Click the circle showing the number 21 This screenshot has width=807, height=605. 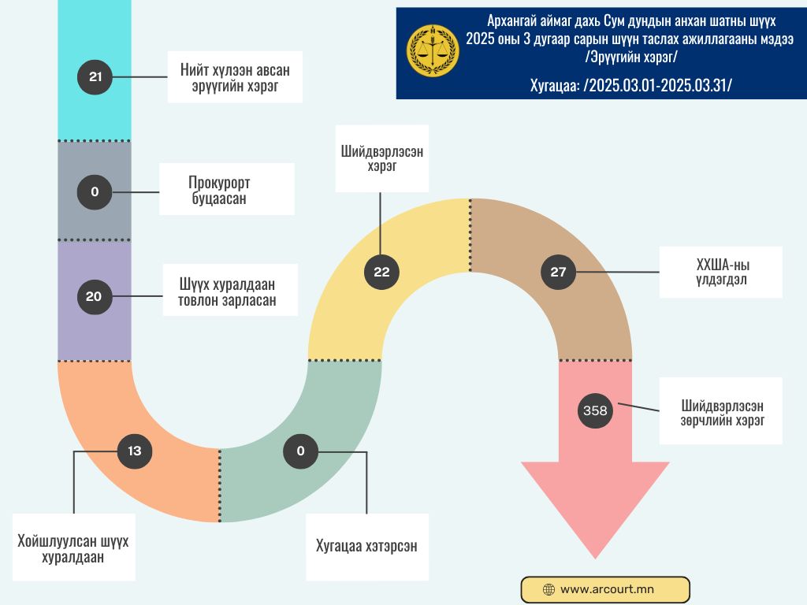[95, 77]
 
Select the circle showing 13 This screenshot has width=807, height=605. [134, 451]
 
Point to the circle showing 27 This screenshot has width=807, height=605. [558, 273]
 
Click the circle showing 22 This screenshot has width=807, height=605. [381, 273]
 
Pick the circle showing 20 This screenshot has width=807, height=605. [94, 297]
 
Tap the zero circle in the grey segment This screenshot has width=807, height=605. [95, 191]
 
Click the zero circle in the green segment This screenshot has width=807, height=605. [300, 451]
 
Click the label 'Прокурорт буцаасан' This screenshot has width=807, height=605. [227, 190]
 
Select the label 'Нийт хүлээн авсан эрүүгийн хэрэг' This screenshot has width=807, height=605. [235, 77]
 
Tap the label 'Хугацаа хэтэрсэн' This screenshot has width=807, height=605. [366, 547]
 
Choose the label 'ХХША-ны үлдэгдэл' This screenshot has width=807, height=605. [720, 273]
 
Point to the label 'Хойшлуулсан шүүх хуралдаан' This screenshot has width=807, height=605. [73, 547]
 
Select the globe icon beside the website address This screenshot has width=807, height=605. [549, 589]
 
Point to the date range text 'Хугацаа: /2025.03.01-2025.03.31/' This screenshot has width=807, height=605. [630, 84]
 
